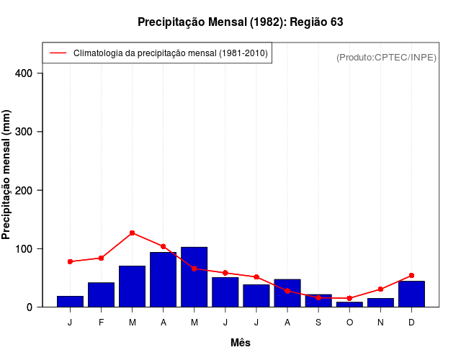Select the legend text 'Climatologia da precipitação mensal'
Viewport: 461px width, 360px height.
(171, 53)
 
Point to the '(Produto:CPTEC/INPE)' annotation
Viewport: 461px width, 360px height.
(386, 57)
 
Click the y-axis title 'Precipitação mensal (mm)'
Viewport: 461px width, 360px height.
(7, 174)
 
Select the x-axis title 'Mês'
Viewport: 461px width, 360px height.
(241, 343)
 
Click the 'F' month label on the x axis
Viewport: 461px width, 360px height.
(101, 323)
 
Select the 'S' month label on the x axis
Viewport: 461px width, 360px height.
(318, 323)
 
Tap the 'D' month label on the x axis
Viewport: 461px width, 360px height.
(411, 323)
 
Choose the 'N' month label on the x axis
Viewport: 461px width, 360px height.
(380, 323)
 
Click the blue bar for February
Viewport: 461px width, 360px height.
(101, 294)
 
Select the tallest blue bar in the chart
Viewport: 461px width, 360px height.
(194, 277)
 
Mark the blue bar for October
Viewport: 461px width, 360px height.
(349, 304)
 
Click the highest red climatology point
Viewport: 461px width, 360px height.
(132, 233)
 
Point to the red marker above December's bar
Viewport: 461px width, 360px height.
(411, 275)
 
